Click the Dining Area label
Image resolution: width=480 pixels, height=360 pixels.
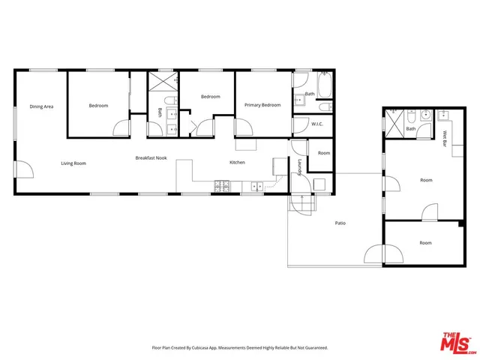tap(41, 106)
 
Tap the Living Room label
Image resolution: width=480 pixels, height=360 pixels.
tap(73, 163)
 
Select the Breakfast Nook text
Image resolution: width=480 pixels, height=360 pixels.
tap(151, 158)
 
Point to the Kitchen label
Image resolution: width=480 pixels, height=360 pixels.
tap(237, 163)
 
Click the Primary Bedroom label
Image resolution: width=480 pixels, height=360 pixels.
tap(262, 106)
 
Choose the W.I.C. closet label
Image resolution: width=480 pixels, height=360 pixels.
tap(316, 124)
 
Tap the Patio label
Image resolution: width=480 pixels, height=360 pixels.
tap(340, 223)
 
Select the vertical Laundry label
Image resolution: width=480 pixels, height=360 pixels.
tap(299, 168)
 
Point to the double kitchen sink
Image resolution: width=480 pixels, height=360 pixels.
tap(258, 184)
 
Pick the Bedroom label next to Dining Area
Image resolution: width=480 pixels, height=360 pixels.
tap(98, 106)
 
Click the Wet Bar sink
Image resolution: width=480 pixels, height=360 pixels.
tap(442, 115)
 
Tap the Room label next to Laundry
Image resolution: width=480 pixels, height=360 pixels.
tap(323, 153)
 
